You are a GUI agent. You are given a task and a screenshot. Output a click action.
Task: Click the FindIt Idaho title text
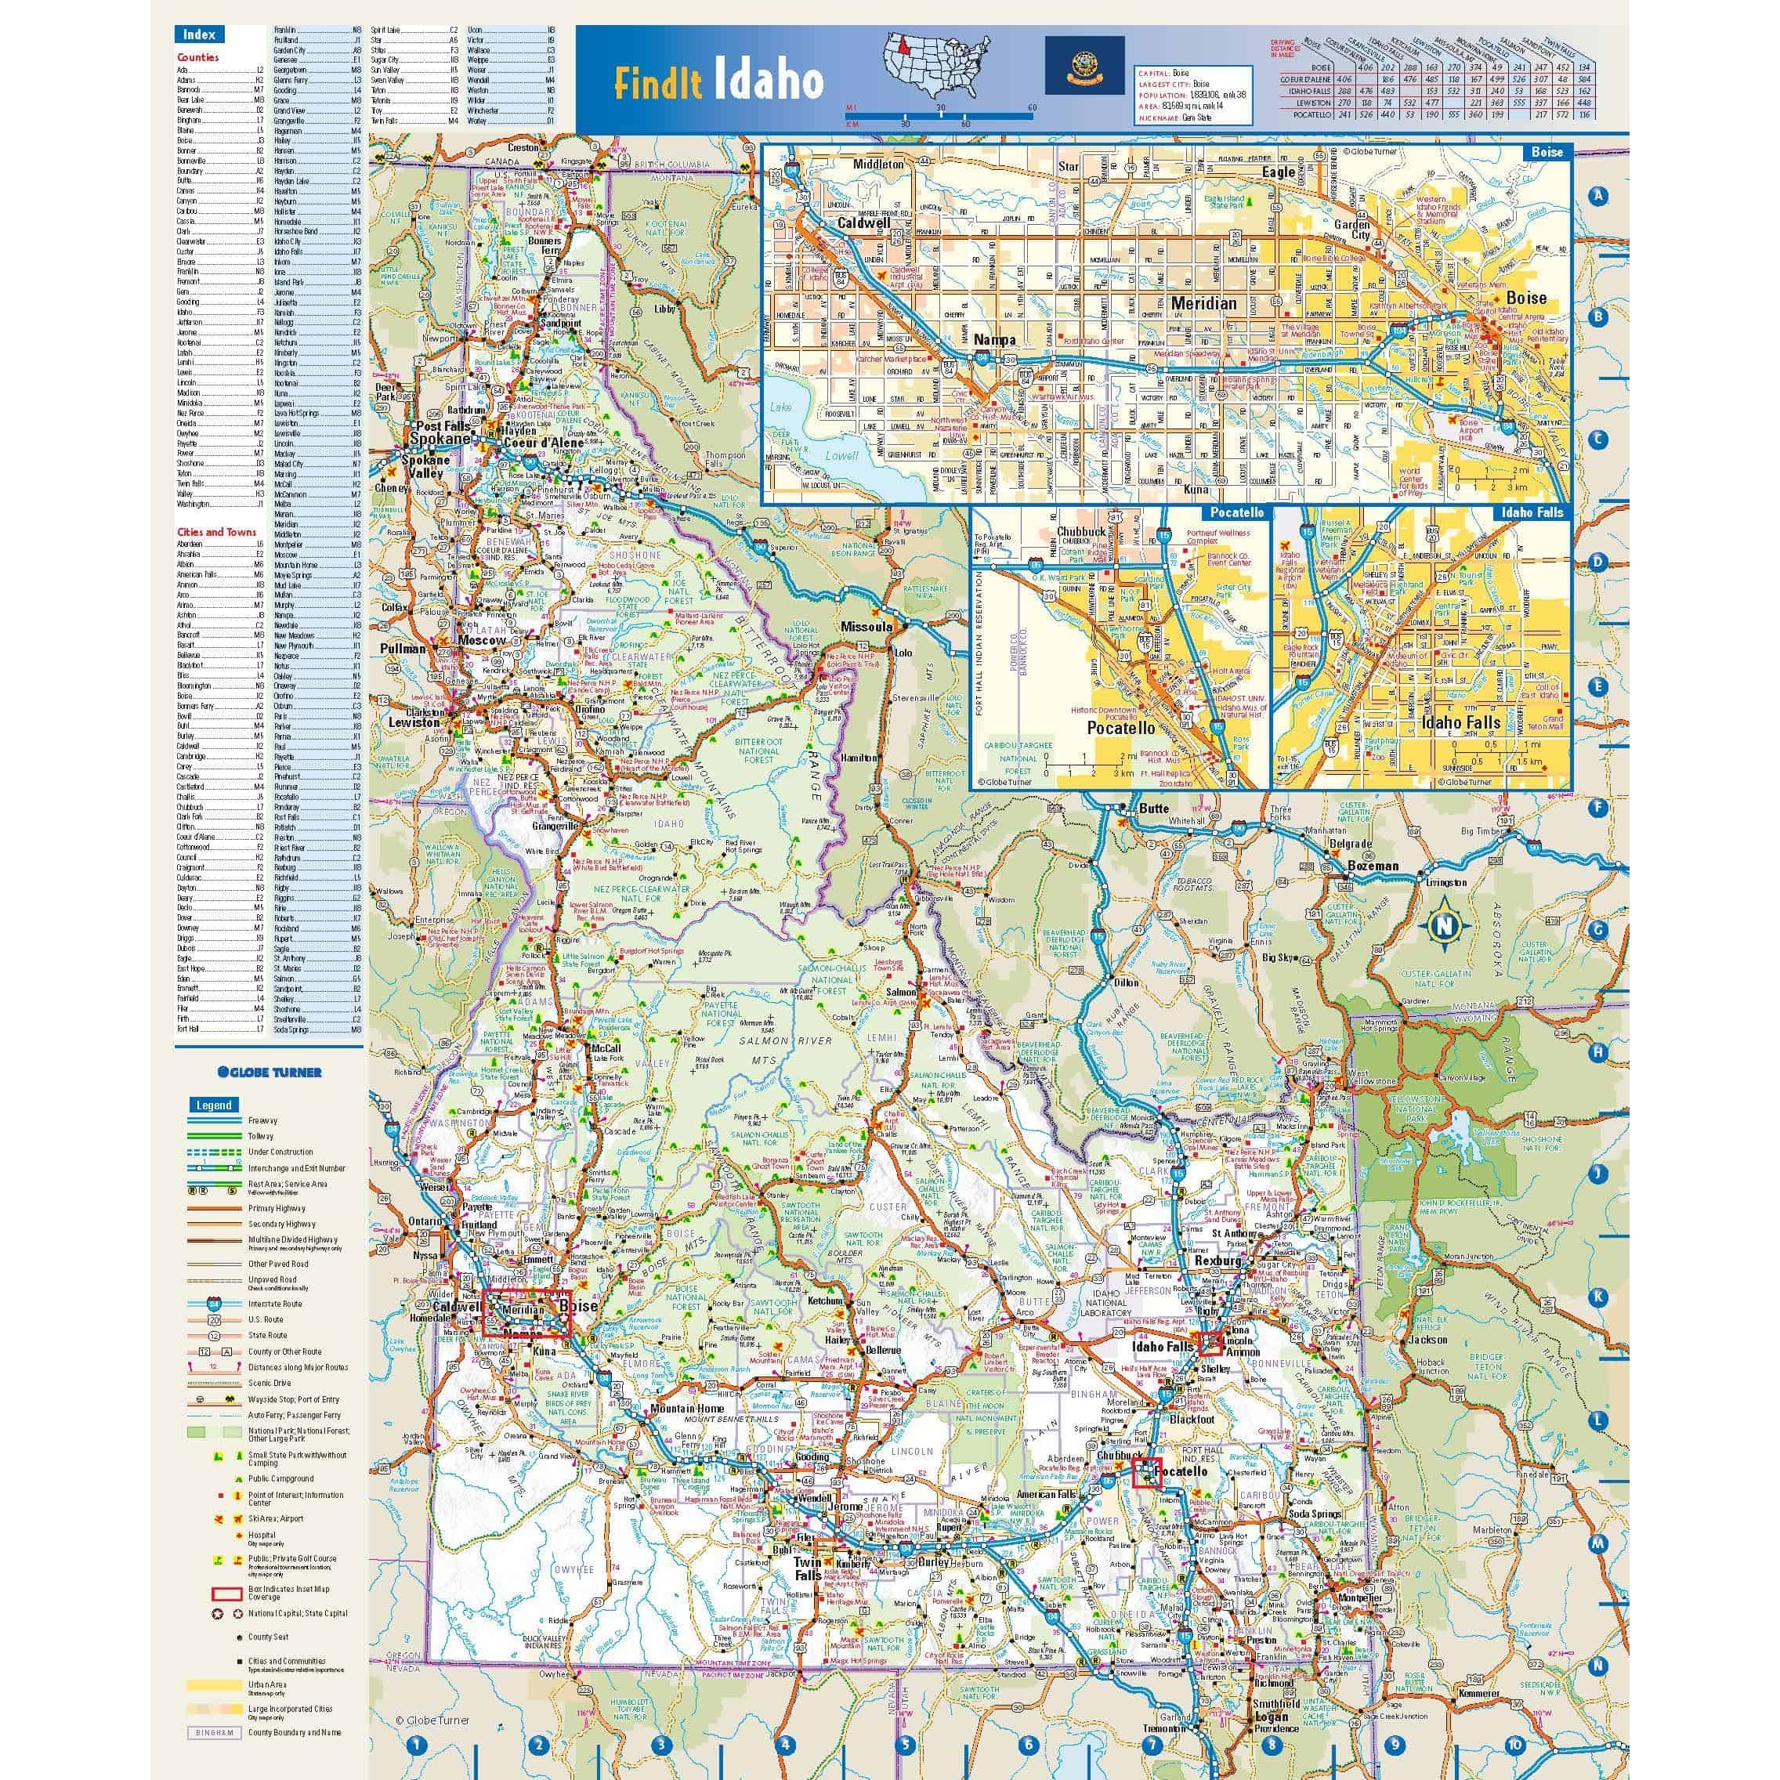click(x=718, y=82)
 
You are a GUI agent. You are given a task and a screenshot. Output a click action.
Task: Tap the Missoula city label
click(x=866, y=628)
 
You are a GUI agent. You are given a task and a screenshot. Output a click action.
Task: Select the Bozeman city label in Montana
click(x=1373, y=866)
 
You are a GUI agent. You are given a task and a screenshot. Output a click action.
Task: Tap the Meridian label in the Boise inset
click(x=1203, y=303)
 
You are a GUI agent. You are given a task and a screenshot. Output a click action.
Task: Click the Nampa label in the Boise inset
click(x=994, y=340)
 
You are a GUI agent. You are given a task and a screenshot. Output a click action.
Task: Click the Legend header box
click(x=214, y=1105)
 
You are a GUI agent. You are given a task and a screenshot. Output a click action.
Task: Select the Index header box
click(x=199, y=34)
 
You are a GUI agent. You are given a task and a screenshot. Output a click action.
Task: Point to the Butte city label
click(x=1155, y=808)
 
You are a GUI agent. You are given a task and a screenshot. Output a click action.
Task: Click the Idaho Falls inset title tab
click(x=1531, y=512)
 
